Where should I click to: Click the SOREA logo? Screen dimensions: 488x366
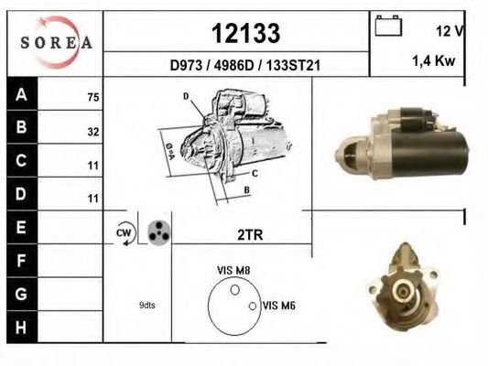point(56,42)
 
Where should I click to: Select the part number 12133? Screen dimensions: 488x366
point(246,33)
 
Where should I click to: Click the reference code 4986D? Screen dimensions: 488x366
point(234,65)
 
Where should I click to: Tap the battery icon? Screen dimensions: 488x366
point(388,26)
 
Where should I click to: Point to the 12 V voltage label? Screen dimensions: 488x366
point(450,31)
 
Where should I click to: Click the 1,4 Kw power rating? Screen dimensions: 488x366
point(434,60)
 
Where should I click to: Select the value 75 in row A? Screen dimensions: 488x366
point(93,97)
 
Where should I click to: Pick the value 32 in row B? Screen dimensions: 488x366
point(93,132)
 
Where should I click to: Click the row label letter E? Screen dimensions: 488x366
point(21,227)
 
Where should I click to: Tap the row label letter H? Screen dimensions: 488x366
point(21,328)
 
